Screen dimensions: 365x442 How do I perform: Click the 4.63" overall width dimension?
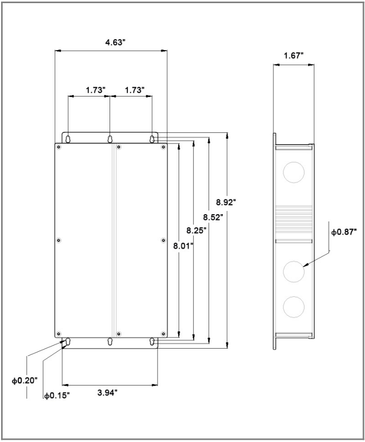pyautogui.click(x=115, y=43)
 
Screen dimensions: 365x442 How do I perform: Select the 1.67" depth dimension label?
pyautogui.click(x=293, y=55)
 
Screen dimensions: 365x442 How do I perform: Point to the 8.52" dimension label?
pyautogui.click(x=213, y=217)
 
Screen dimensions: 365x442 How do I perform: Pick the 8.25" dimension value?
pyautogui.click(x=196, y=230)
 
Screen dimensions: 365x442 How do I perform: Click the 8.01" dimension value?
pyautogui.click(x=183, y=246)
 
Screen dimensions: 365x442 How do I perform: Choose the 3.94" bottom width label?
pyautogui.click(x=107, y=392)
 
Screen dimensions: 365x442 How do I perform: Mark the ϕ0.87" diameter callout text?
pyautogui.click(x=344, y=232)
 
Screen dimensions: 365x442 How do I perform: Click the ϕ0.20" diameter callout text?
pyautogui.click(x=24, y=380)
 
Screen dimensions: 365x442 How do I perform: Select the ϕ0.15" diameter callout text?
pyautogui.click(x=56, y=396)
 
